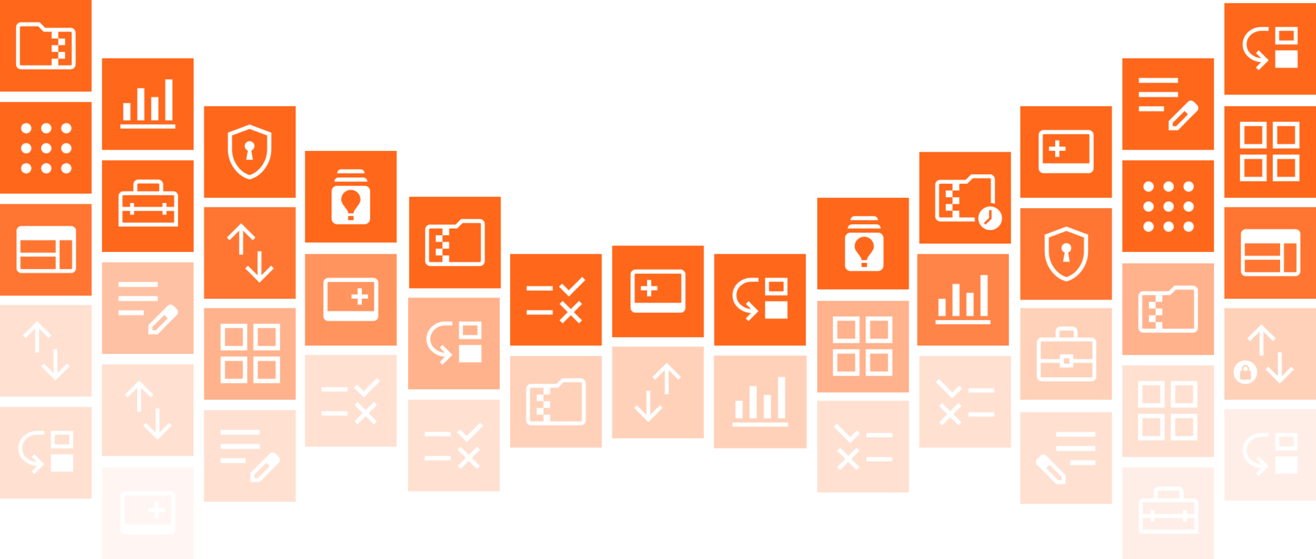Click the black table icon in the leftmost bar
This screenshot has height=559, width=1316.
46,251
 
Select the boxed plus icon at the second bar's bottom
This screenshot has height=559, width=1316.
148,513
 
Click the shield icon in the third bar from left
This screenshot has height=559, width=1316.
250,152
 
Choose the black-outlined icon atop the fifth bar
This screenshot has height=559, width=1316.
454,245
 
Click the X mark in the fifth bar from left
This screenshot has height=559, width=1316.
468,448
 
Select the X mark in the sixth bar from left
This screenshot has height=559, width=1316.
571,302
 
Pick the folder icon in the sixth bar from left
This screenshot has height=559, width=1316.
556,402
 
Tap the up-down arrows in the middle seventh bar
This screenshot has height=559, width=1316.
657,393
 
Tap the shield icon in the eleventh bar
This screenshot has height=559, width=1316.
1066,254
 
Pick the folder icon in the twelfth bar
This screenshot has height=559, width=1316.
1168,309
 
